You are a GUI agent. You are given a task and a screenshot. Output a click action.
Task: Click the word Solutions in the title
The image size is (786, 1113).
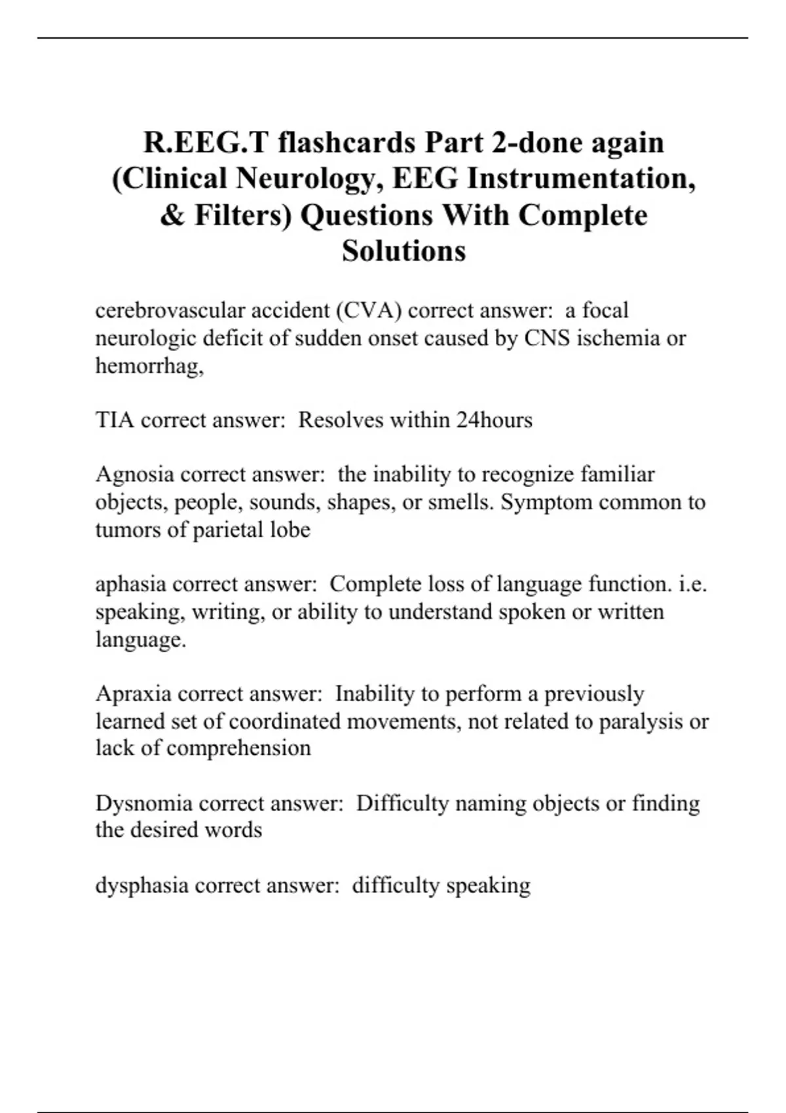point(403,251)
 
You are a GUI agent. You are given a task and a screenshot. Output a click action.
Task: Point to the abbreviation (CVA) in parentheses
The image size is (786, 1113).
point(369,310)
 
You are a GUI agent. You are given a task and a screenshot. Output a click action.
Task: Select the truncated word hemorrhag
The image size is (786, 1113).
point(148,365)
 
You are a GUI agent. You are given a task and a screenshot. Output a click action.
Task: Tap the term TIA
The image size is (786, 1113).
point(115,420)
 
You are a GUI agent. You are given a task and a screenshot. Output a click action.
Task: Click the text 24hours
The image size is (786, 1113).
point(494,420)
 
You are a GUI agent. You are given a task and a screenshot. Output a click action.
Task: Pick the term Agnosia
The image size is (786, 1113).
point(134,474)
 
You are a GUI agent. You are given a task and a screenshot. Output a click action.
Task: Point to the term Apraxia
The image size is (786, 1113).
point(133,693)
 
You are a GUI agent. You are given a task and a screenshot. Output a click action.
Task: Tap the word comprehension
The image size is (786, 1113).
point(238,748)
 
